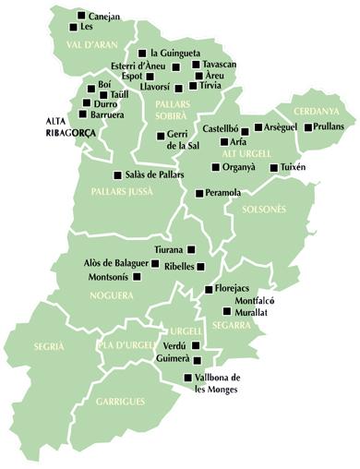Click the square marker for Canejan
pyautogui.click(x=83, y=16)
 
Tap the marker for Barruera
pyautogui.click(x=83, y=114)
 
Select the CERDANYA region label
pyautogui.click(x=318, y=111)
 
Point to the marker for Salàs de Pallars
pyautogui.click(x=116, y=174)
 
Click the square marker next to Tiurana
pyautogui.click(x=192, y=249)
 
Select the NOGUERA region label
pyautogui.click(x=112, y=295)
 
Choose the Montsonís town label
pyautogui.click(x=114, y=277)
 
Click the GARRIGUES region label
pyautogui.click(x=119, y=403)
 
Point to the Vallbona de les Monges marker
pyautogui.click(x=188, y=377)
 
